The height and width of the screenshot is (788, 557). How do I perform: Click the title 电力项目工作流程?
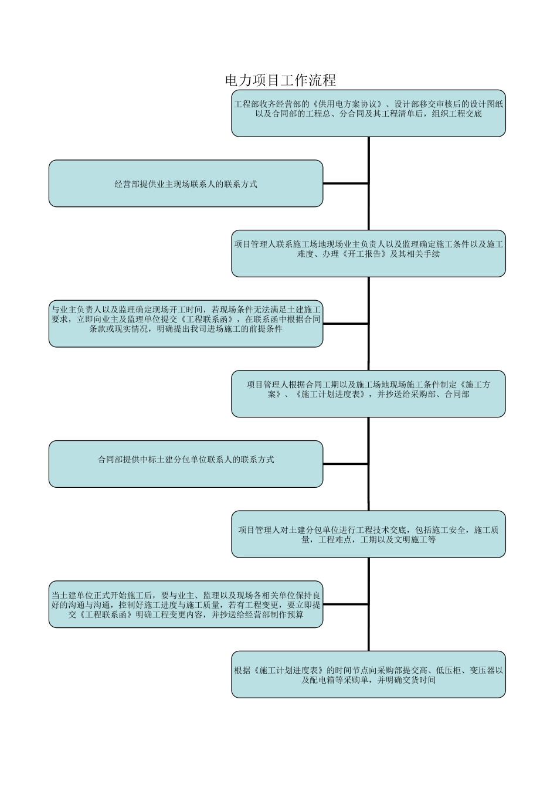(x=280, y=80)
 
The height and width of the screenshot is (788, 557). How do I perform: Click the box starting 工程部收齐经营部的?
(x=368, y=113)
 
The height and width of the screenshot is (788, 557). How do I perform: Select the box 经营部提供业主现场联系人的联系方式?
(x=185, y=184)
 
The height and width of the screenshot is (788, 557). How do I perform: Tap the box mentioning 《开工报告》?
(x=368, y=253)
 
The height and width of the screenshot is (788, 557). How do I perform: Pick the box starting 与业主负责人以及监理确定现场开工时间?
(x=185, y=324)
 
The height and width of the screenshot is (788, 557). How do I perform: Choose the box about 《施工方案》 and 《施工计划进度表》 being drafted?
(x=368, y=393)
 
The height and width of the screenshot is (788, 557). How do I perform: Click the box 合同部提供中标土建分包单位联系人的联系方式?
(x=185, y=464)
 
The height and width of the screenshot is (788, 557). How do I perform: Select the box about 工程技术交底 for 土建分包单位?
(x=368, y=534)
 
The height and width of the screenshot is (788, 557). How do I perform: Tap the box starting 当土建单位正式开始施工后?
(x=185, y=604)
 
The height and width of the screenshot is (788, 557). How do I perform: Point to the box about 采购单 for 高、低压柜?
(x=368, y=674)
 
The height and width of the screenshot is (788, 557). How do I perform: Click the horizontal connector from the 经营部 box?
(x=345, y=184)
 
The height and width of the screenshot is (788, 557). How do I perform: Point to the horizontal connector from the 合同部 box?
(x=345, y=464)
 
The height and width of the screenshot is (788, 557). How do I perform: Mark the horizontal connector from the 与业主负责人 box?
(x=345, y=324)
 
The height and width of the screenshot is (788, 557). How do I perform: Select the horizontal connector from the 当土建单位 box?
(x=345, y=604)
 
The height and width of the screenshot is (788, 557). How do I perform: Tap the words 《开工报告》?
(x=364, y=254)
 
